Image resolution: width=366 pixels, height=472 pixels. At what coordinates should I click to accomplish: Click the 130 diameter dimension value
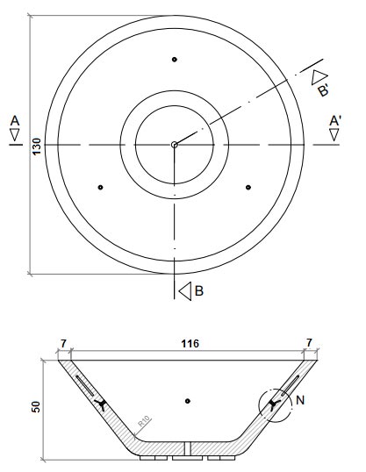(x=36, y=145)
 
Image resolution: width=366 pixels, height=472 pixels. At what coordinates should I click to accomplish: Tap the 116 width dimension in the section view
(x=188, y=345)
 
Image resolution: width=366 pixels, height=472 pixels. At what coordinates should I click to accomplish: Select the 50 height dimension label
(x=37, y=409)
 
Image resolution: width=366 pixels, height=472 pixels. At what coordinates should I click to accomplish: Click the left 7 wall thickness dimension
(x=64, y=345)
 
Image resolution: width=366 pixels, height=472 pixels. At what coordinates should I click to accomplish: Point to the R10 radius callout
(x=142, y=425)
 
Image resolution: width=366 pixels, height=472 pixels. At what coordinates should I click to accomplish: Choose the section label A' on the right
(x=334, y=119)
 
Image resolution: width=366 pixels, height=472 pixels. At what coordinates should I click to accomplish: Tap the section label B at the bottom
(x=199, y=290)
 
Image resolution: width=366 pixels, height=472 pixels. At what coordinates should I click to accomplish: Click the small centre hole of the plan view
(x=174, y=145)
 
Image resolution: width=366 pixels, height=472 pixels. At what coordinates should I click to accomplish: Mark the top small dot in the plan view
(x=175, y=60)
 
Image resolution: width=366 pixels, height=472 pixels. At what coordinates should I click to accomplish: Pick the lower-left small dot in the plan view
(x=101, y=187)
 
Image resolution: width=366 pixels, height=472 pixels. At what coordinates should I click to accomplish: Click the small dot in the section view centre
(x=187, y=401)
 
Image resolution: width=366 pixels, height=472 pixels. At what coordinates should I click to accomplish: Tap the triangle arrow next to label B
(x=183, y=290)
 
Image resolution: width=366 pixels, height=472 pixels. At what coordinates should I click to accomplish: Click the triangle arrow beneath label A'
(x=334, y=134)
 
